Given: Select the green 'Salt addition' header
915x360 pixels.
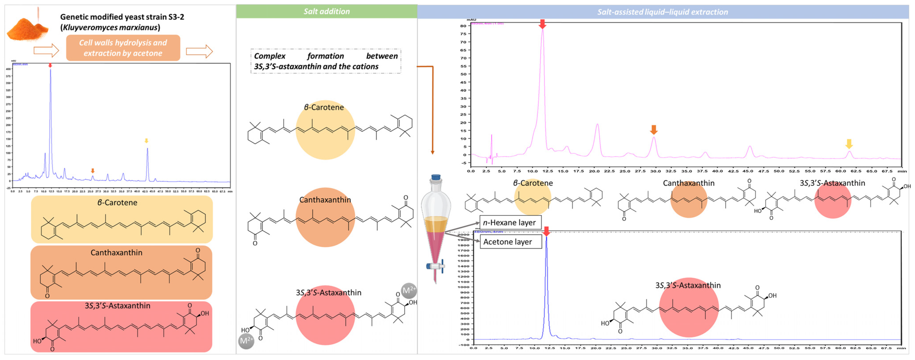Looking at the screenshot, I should click(326, 11).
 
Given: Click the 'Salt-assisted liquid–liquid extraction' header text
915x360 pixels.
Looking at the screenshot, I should click(663, 12).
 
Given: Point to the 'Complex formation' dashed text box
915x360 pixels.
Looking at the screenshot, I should click(326, 61).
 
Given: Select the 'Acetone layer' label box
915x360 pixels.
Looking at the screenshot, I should click(511, 242).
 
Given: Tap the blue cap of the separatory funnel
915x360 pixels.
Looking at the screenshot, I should click(436, 177).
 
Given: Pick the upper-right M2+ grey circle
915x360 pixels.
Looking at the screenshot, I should click(408, 290).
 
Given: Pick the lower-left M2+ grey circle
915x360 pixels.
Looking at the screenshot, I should click(246, 341).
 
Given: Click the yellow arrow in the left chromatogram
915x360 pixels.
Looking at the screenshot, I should click(146, 141).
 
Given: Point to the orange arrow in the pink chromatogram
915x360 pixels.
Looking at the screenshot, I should click(654, 130).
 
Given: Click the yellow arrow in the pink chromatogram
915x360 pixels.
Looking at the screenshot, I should click(849, 144).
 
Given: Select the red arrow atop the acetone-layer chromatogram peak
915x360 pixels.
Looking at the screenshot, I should click(546, 232).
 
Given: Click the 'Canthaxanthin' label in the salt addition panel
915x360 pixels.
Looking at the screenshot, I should click(325, 200).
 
